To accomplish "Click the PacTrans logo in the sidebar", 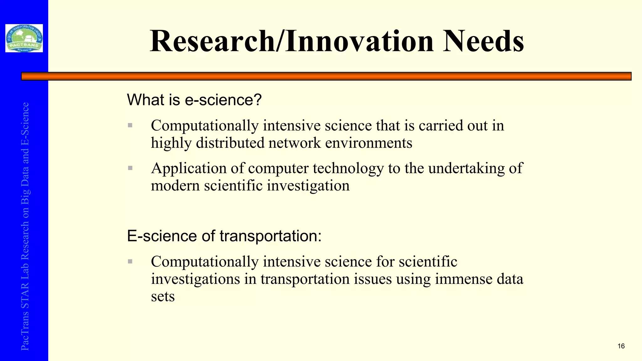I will pos(24,38).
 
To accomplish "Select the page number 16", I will pos(621,346).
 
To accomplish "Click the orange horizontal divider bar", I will pos(326,76).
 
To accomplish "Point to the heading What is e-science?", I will pos(194,100).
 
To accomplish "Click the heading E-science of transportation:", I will pos(224,236).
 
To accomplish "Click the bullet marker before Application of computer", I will pos(130,168).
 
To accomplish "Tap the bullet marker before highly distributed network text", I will pos(130,126).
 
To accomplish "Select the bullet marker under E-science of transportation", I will pos(130,261).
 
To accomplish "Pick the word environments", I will pos(369,143).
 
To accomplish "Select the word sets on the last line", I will pos(163,296).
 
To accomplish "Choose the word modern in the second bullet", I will pos(175,186).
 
